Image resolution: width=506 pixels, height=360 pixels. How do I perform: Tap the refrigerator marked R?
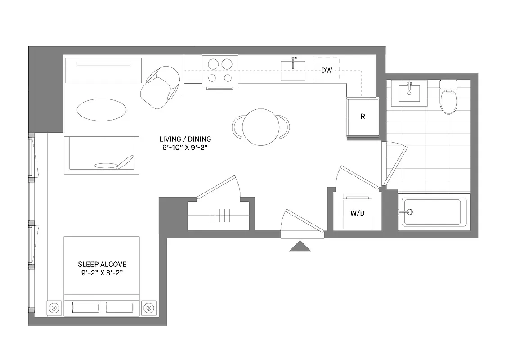pos(363,117)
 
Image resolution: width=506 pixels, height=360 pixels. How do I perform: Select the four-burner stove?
pos(220,71)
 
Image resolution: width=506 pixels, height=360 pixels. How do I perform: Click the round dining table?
pos(260,126)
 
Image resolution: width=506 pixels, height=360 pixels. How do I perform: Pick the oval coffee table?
pos(102,109)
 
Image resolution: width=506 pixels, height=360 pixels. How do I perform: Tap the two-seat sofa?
pos(101,155)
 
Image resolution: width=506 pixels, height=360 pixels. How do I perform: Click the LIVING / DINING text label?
pos(185,139)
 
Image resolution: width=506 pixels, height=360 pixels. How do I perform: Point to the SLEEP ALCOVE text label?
pos(102,264)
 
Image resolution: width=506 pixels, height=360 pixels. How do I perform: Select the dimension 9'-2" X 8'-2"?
pos(102,273)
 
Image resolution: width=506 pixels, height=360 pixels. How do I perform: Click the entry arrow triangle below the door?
pos(300,246)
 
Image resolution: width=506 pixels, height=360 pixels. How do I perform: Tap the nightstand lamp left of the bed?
pos(54,308)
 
